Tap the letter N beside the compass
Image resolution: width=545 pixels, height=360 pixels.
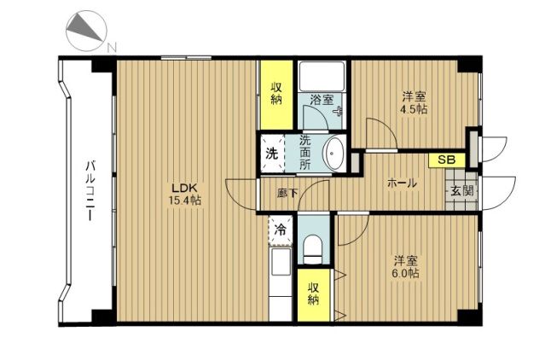coord(111,47)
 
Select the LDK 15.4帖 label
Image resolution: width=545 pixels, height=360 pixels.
coord(185,194)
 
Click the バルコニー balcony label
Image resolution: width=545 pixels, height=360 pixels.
coord(90,189)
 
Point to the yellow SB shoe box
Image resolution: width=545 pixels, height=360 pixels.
coord(447,160)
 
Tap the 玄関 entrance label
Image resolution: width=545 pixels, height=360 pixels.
coord(462,190)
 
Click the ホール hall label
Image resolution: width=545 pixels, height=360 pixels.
coord(403,183)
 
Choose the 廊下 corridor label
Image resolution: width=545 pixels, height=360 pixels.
coord(287,193)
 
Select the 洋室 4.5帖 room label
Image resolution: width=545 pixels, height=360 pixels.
coord(414,103)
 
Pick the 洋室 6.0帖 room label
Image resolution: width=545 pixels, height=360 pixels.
coord(405,267)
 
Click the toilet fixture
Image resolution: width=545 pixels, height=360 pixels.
coord(313,249)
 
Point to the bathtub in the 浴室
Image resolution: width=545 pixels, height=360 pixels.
coord(322,77)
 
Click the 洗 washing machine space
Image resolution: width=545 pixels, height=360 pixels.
coord(272,154)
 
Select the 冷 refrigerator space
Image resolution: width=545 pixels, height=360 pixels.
coord(280,230)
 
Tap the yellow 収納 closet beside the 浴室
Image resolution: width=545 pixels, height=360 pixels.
coord(276,95)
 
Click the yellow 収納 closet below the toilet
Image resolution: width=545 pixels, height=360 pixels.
coord(314,294)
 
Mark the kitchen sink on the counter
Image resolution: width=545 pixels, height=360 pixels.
coord(281,262)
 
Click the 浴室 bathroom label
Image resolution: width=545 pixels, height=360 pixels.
coord(322,100)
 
